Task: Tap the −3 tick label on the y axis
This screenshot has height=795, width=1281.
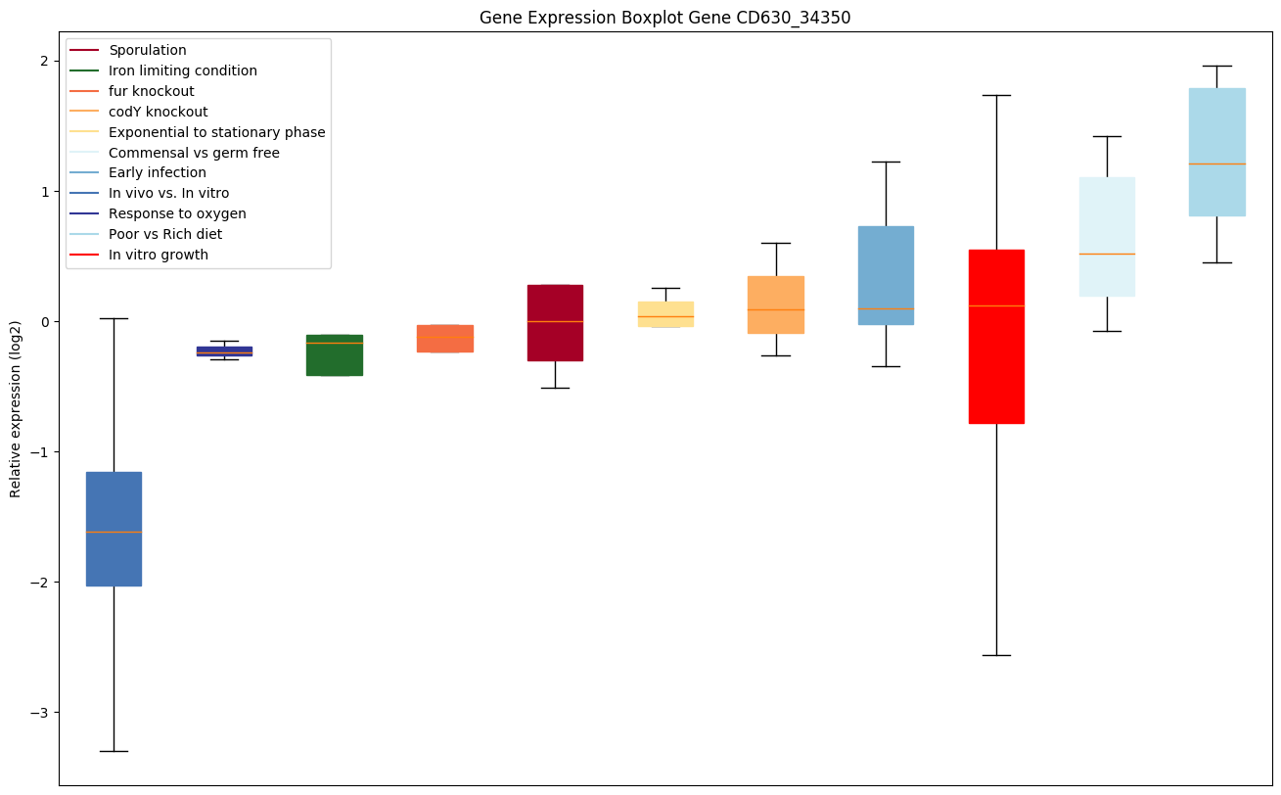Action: [x=42, y=713]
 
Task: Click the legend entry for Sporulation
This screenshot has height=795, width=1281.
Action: [x=147, y=50]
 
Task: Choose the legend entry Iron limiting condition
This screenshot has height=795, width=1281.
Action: [x=182, y=70]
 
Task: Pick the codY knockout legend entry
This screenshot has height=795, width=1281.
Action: [x=158, y=112]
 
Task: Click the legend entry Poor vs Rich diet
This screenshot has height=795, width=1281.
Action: [x=164, y=234]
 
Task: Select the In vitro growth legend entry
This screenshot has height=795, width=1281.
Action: [x=158, y=255]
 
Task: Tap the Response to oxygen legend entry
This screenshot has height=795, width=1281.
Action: [x=177, y=213]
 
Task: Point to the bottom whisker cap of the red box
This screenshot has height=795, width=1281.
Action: [x=996, y=655]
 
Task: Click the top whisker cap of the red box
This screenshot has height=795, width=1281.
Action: [x=996, y=95]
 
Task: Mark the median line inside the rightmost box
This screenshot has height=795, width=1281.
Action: [x=1216, y=164]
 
